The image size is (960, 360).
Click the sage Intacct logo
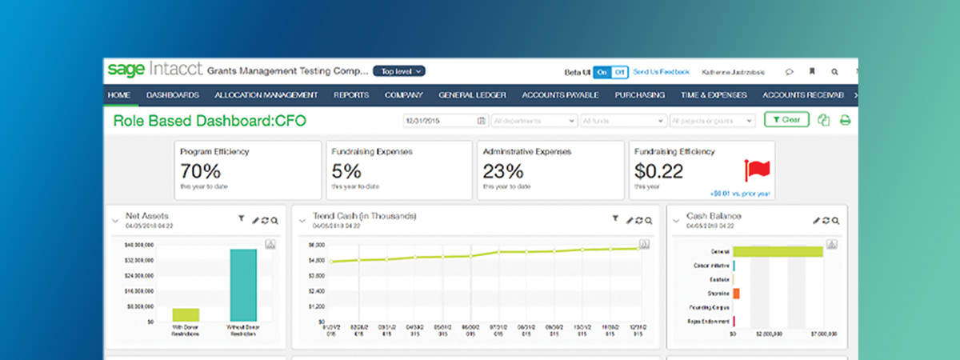[154, 70]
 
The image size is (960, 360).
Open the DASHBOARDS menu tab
[172, 95]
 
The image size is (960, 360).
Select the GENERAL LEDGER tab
[472, 95]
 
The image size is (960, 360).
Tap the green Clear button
[786, 120]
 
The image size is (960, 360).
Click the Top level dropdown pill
[399, 71]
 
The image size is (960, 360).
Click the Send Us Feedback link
[661, 72]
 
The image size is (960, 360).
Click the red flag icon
[756, 170]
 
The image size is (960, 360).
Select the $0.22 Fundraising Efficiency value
[658, 170]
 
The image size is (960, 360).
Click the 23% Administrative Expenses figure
[503, 170]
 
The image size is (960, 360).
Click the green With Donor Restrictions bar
[186, 314]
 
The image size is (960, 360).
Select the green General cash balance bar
[778, 251]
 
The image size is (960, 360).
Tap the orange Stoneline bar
[736, 294]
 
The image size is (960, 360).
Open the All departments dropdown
[534, 121]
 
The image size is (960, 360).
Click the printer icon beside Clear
[844, 121]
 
